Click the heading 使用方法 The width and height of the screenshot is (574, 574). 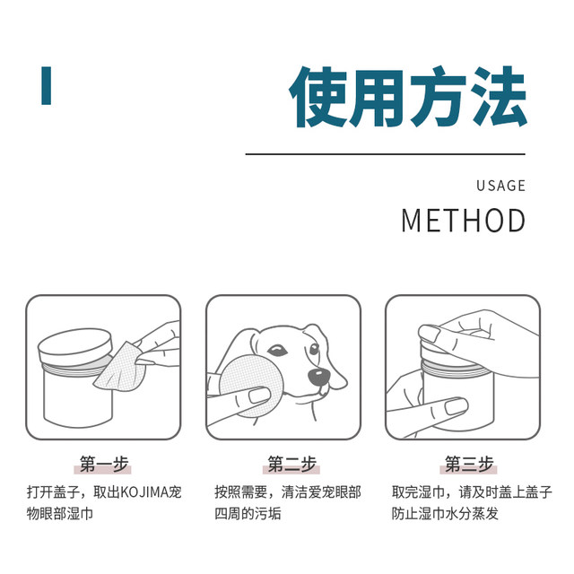pos(407,97)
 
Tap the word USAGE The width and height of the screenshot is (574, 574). pos(500,186)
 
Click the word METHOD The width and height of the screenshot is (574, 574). pos(463,221)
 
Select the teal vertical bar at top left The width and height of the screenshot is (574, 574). pos(46,85)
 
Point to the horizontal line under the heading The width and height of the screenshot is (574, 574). pos(385,154)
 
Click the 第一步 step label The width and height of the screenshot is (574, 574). pos(102,464)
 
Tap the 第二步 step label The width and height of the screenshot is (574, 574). pos(291,464)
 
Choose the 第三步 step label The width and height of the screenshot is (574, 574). pos(469,464)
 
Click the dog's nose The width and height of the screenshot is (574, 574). pos(317,376)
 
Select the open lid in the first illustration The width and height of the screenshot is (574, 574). pos(76,346)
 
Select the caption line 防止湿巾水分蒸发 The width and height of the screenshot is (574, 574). pos(445,514)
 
